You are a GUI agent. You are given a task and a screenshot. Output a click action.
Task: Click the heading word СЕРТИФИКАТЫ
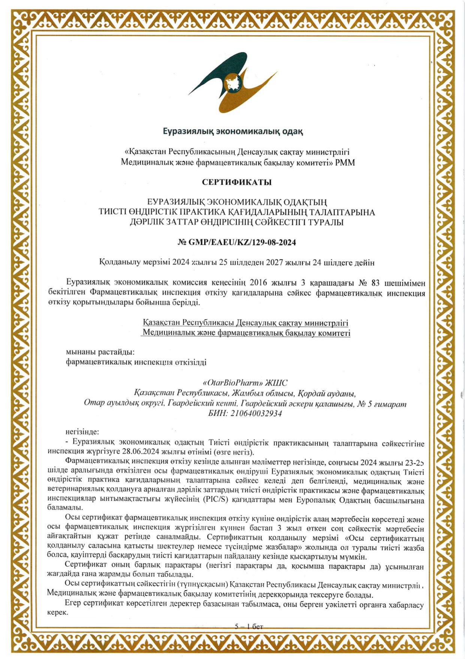(x=237, y=182)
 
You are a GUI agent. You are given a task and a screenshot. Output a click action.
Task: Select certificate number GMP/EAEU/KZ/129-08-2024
(x=242, y=243)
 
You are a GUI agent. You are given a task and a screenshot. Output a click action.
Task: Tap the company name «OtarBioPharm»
(x=232, y=383)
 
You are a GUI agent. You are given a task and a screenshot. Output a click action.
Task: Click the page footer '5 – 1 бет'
(x=249, y=626)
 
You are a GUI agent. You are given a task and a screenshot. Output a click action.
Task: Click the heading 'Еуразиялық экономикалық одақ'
(x=233, y=131)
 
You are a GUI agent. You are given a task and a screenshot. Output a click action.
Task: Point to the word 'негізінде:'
(x=82, y=433)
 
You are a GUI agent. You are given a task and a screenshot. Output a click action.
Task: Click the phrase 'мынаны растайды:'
(x=100, y=352)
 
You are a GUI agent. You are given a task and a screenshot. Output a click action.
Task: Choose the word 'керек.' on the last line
(x=57, y=612)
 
